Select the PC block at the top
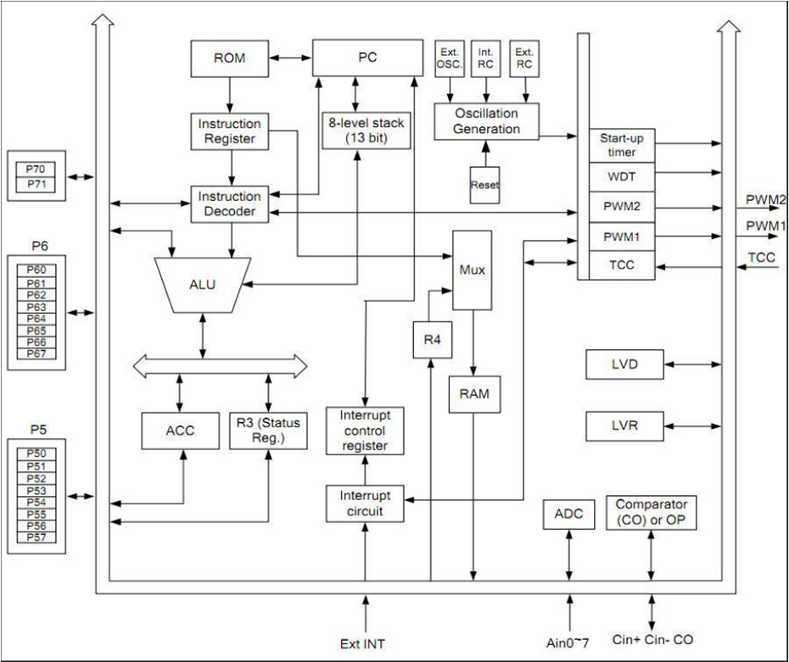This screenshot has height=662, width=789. pos(367,58)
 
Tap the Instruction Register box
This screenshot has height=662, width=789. pos(229,131)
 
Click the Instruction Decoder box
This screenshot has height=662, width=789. pos(229,203)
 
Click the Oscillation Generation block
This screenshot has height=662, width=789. pos(488,120)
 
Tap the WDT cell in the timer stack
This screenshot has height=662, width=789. pos(623,177)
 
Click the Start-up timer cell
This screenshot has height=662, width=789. pos(623,145)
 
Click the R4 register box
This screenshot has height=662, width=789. pos(430,339)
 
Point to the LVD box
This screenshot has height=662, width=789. pos(623,364)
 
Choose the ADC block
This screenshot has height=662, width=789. pos(564,514)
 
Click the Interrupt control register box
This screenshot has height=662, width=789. pos(364,429)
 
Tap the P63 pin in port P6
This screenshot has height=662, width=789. pos(36,307)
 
